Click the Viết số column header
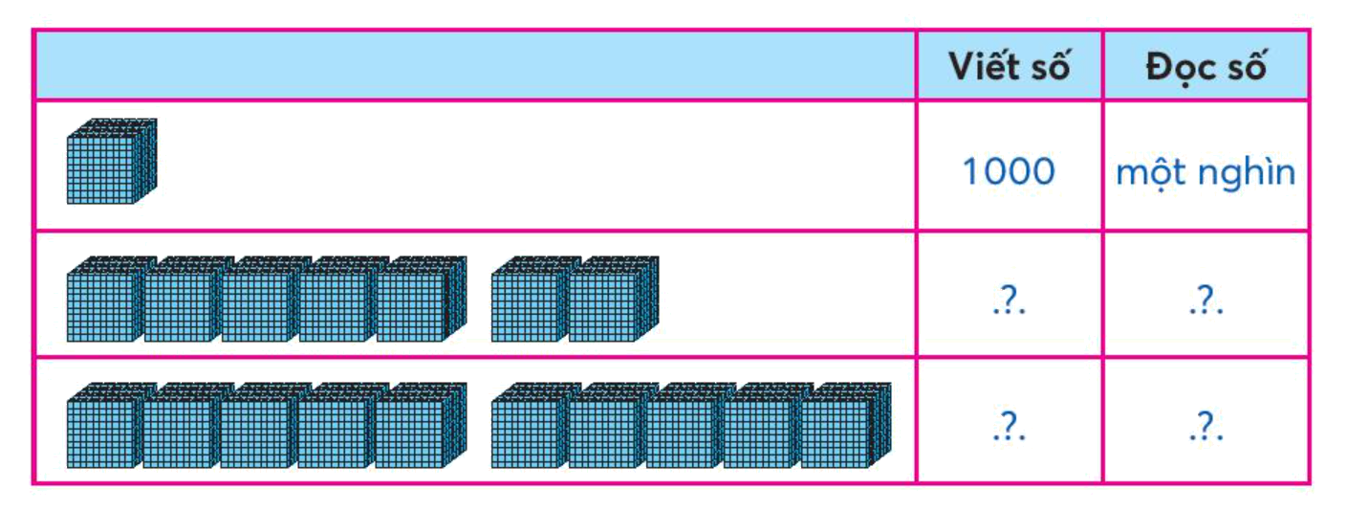pos(1009,66)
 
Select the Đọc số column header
pos(1206,66)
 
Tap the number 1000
pos(1009,172)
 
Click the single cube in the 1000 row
pos(110,162)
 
